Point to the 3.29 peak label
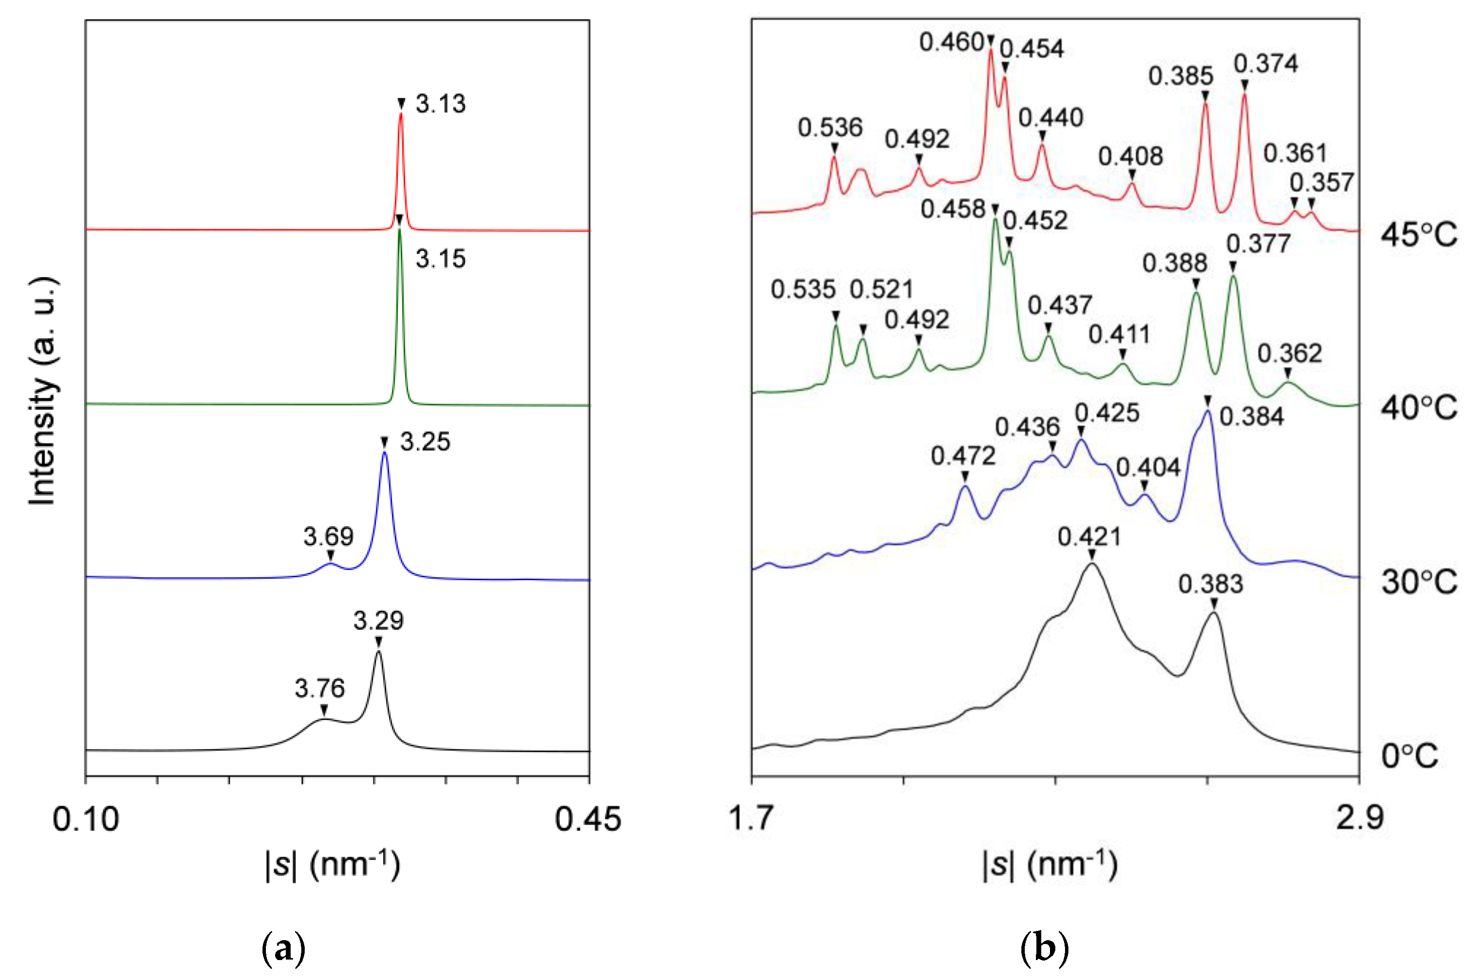pyautogui.click(x=378, y=620)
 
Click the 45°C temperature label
pyautogui.click(x=1419, y=235)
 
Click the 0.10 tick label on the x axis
pyautogui.click(x=85, y=819)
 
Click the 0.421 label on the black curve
pyautogui.click(x=1089, y=537)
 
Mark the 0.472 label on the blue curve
pyautogui.click(x=963, y=456)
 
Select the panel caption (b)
pyautogui.click(x=1044, y=949)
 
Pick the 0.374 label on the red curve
pyautogui.click(x=1266, y=64)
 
